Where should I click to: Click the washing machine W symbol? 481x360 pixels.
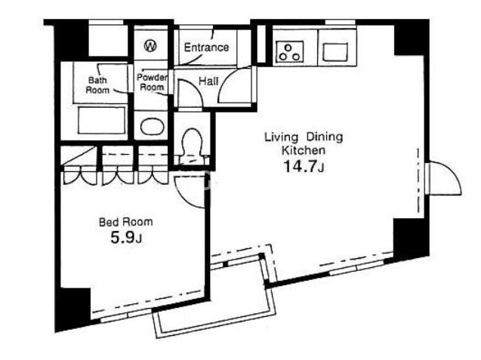[x=150, y=46]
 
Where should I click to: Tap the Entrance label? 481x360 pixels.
[x=206, y=48]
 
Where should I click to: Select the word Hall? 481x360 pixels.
[x=208, y=82]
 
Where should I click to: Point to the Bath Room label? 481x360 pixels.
[x=97, y=85]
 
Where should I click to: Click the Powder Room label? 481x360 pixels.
[x=152, y=82]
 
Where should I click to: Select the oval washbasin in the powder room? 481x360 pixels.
[x=153, y=126]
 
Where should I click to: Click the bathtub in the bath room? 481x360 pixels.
[x=101, y=120]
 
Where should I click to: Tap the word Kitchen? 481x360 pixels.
[x=304, y=150]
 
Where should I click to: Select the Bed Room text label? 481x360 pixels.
[x=126, y=222]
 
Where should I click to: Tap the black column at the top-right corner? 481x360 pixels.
[x=411, y=38]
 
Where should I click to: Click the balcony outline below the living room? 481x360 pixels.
[x=214, y=325]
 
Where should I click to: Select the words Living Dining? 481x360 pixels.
[x=304, y=137]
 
